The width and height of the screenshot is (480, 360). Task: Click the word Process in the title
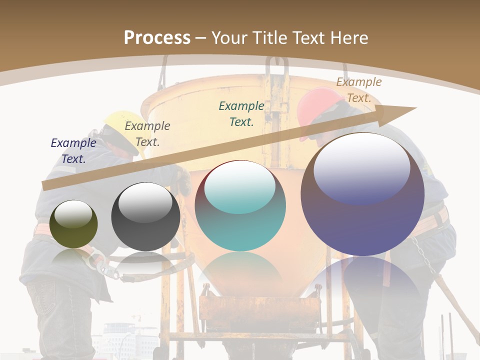click(x=157, y=38)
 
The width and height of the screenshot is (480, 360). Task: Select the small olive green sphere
click(x=73, y=224)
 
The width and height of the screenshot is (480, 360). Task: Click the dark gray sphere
click(x=145, y=216)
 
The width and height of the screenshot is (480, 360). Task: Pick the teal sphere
click(x=240, y=206)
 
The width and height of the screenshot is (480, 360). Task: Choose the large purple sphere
click(x=362, y=194)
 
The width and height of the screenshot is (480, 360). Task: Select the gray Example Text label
click(x=147, y=134)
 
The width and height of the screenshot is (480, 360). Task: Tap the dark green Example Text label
click(x=241, y=114)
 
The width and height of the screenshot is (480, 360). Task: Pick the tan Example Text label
click(x=358, y=90)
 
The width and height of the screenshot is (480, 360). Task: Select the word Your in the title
click(x=229, y=38)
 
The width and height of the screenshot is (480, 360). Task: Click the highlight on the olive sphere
click(x=73, y=214)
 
